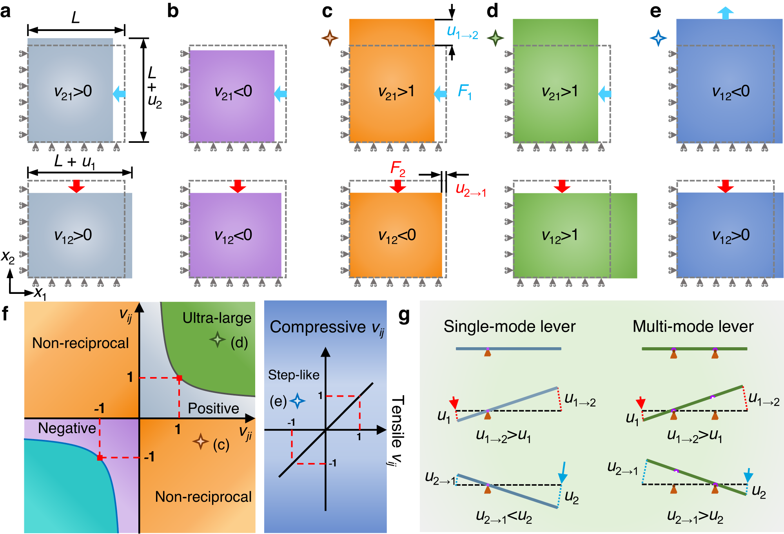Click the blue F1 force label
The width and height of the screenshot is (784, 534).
click(x=465, y=93)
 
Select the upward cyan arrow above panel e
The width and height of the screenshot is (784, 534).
click(x=725, y=13)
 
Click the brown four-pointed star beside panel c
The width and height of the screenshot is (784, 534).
click(x=330, y=38)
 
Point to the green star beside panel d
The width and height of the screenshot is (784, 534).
click(x=495, y=38)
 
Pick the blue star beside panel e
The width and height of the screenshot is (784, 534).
click(x=658, y=38)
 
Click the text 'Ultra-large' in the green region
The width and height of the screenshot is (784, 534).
click(x=217, y=318)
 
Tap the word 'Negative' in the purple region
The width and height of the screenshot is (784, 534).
click(x=67, y=428)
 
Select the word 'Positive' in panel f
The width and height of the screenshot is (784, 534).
click(x=213, y=408)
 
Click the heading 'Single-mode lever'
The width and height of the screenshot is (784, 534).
click(x=509, y=326)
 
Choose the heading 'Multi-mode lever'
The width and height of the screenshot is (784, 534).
click(x=693, y=326)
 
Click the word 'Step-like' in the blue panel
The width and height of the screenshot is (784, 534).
click(x=294, y=375)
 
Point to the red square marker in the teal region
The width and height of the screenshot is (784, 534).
click(x=100, y=457)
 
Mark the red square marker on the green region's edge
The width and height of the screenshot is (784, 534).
click(x=179, y=378)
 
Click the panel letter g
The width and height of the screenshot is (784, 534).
click(x=404, y=315)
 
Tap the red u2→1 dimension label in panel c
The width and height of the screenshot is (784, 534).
click(x=470, y=190)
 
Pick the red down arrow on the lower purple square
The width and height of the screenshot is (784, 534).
click(x=238, y=186)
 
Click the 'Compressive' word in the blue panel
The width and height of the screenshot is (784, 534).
click(x=318, y=327)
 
